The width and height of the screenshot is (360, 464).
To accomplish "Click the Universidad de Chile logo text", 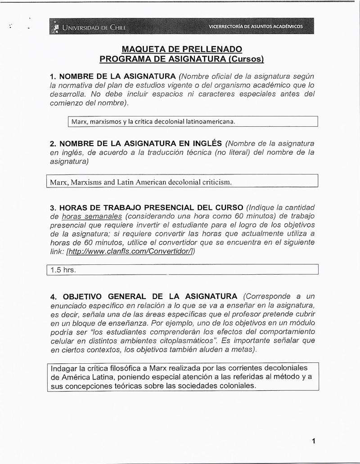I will tap(94, 28).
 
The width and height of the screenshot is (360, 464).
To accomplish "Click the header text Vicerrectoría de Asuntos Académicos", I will tap(256, 27).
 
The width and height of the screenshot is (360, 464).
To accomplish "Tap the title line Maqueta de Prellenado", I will tap(182, 49).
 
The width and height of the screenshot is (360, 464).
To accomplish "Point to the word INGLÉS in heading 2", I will tap(204, 143).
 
